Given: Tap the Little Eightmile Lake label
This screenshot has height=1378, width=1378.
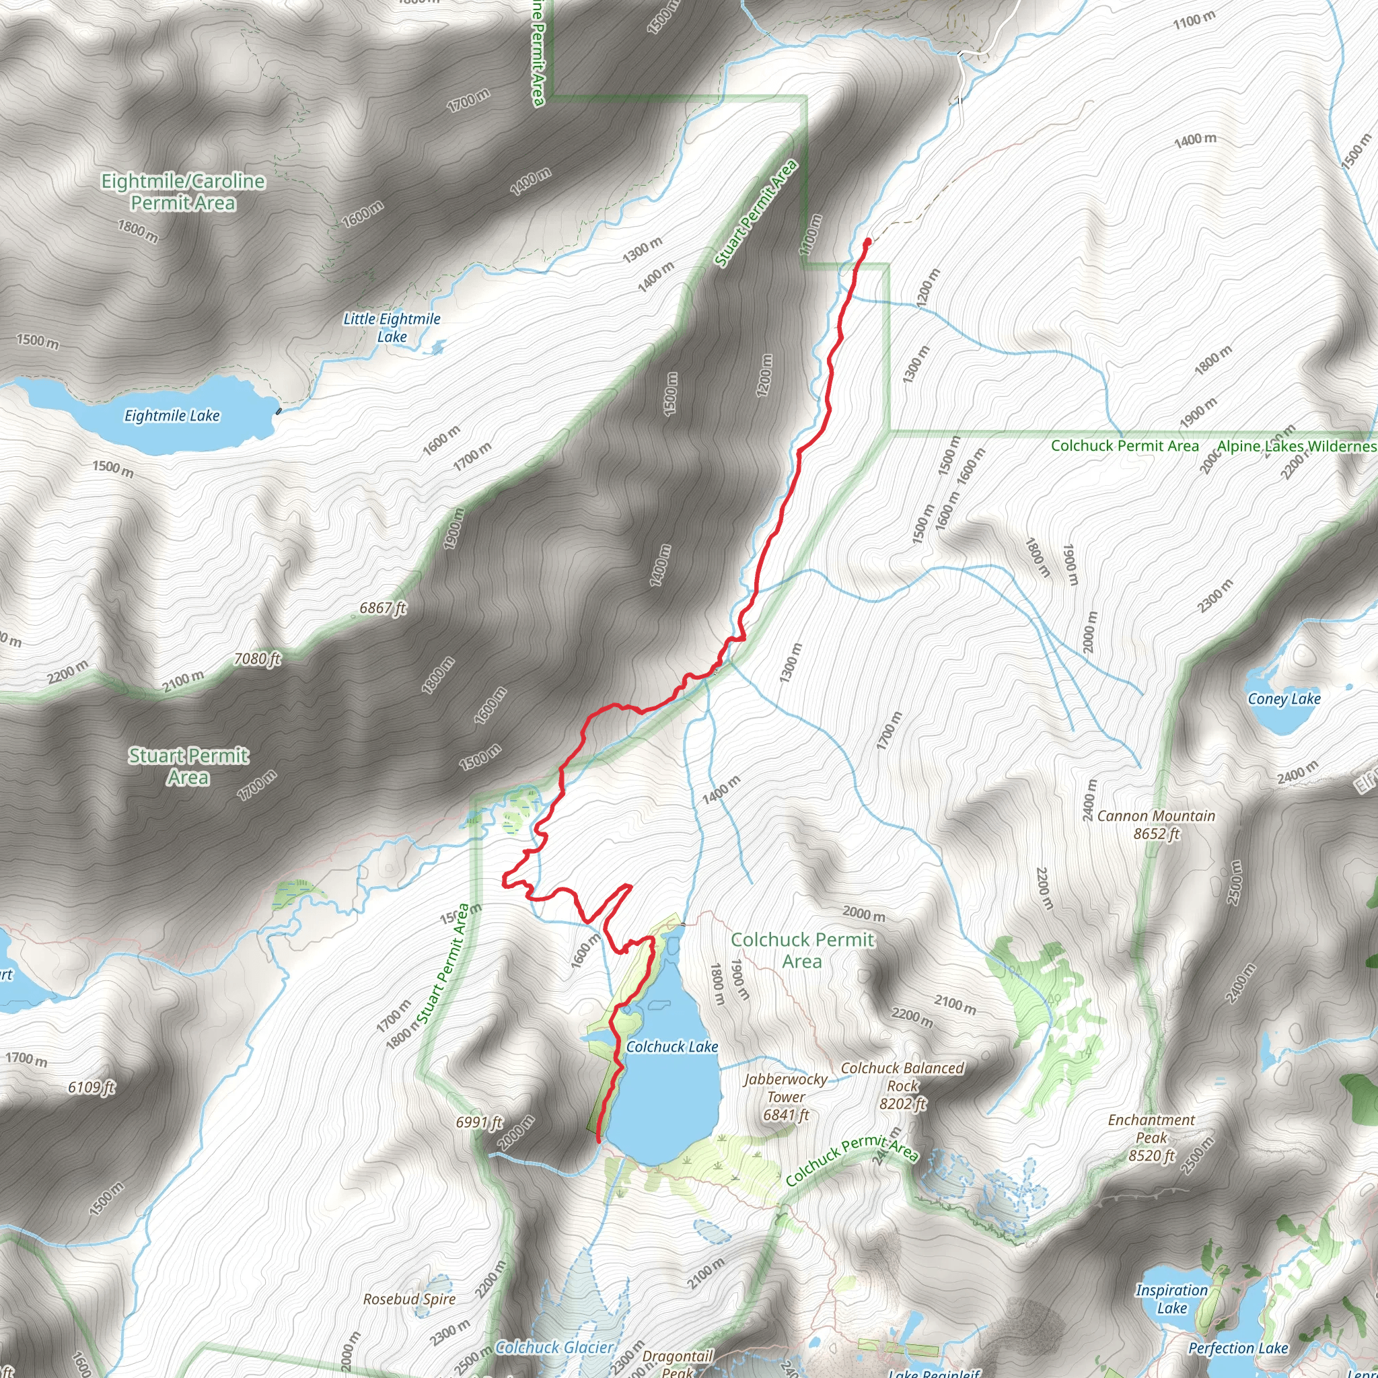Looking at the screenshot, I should coord(392,328).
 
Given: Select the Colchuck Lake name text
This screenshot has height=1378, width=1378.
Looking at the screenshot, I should coord(672,1046).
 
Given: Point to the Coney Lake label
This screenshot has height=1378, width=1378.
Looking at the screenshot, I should coord(1284,698).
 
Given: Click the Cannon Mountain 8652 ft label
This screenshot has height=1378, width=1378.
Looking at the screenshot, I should coord(1156,824).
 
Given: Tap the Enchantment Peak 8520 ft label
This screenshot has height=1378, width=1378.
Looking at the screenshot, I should coord(1151,1138).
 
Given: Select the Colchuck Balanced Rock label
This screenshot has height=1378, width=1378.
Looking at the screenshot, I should coord(902,1085).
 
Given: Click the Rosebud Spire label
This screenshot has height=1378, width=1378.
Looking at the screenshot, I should coord(409,1299).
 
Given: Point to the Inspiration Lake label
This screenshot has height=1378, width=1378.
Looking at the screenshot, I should coord(1172,1299).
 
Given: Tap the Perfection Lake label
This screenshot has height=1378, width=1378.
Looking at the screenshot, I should coord(1238,1348).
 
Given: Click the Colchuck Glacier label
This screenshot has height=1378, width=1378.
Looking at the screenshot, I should coord(554,1347).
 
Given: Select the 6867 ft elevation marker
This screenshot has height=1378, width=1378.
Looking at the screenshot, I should coord(382,608).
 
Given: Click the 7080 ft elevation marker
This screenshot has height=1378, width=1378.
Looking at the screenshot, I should coord(257,659).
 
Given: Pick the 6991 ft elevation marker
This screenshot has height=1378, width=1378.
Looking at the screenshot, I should coord(479,1123).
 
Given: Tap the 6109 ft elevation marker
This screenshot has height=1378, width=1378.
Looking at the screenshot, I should coord(92,1087).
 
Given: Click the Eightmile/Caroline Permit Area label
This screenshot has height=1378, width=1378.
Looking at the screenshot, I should coord(182,192).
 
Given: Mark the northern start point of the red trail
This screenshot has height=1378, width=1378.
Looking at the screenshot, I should coord(867,242).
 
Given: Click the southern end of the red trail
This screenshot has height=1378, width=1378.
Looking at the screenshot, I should coord(597,1141).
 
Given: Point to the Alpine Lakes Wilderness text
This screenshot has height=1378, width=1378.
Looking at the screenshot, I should coord(1297,446).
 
